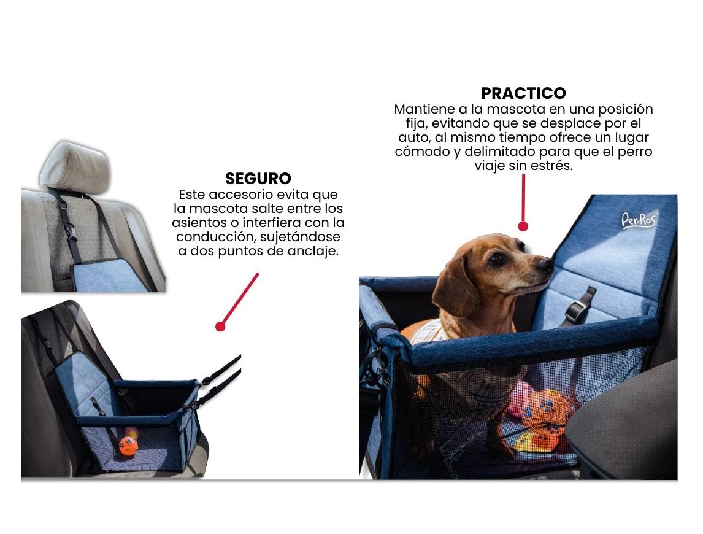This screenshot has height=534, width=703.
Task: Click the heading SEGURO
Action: tap(258, 179)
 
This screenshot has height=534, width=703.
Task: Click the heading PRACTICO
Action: tap(523, 93)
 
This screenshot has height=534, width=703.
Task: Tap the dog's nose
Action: tap(545, 265)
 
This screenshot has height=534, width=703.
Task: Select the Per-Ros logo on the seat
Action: tap(639, 220)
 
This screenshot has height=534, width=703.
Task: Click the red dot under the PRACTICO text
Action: tap(523, 226)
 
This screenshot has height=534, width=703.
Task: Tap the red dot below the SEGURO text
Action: tap(220, 327)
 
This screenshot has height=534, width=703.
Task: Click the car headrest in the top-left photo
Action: tap(75, 167)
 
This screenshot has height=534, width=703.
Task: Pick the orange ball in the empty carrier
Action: tap(128, 446)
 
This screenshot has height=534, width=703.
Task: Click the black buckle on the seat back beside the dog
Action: tap(579, 307)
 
